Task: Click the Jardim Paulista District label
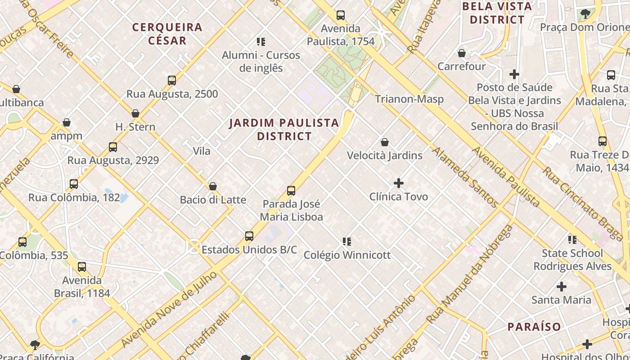(284, 129)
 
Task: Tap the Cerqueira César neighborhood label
(167, 34)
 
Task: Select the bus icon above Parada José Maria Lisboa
(291, 191)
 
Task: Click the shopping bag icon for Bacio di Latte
(213, 186)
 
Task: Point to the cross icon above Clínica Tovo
(399, 183)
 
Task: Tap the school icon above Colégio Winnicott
(347, 242)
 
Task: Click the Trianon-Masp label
(409, 99)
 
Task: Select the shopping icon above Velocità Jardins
(385, 143)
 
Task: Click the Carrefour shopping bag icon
(462, 53)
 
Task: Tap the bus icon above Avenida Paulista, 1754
(341, 15)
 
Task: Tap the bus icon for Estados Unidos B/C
(249, 236)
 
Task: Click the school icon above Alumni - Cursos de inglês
(261, 42)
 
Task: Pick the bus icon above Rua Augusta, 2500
(172, 81)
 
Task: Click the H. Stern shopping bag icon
(135, 113)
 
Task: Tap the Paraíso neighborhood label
(534, 327)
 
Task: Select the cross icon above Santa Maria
(562, 286)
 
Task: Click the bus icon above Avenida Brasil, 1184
(82, 267)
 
